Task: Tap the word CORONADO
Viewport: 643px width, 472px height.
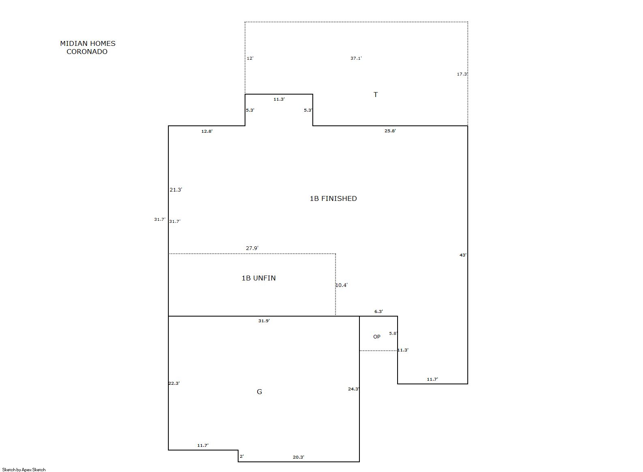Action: pyautogui.click(x=87, y=52)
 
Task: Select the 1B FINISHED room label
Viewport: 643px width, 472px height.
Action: pyautogui.click(x=333, y=198)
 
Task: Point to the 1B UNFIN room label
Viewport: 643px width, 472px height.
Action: pyautogui.click(x=259, y=278)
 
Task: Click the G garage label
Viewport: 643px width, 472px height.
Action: pyautogui.click(x=259, y=392)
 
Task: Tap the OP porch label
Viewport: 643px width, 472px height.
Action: pyautogui.click(x=376, y=336)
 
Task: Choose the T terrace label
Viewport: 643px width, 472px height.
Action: pyautogui.click(x=376, y=95)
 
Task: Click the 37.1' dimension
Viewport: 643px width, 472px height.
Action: pyautogui.click(x=356, y=58)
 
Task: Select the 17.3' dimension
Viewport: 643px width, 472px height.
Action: pyautogui.click(x=462, y=74)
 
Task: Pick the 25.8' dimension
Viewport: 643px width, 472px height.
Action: pyautogui.click(x=390, y=131)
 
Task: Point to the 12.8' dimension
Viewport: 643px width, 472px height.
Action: pyautogui.click(x=206, y=131)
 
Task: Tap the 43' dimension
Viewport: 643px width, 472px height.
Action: pyautogui.click(x=463, y=255)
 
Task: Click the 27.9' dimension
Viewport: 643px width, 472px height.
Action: pyautogui.click(x=252, y=248)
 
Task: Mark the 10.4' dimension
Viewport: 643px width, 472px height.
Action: pyautogui.click(x=341, y=285)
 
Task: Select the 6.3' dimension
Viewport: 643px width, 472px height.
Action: pyautogui.click(x=378, y=311)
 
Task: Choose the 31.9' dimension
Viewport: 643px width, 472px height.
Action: pyautogui.click(x=264, y=321)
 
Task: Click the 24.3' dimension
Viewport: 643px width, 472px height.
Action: pyautogui.click(x=354, y=389)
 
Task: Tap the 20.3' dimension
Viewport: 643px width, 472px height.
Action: pyautogui.click(x=298, y=457)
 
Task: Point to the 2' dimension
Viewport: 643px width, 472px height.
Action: pyautogui.click(x=242, y=456)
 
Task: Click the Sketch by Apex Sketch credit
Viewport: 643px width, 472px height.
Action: pyautogui.click(x=24, y=470)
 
